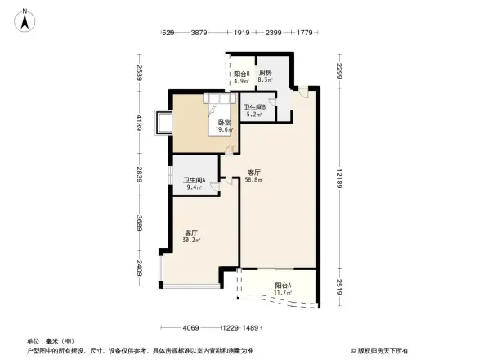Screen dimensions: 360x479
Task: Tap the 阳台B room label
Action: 240,74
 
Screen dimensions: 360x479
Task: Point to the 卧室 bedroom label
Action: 224,123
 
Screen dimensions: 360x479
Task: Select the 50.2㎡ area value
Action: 192,241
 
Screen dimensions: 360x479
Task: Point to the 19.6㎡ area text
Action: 224,130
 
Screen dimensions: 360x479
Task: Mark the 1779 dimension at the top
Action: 305,33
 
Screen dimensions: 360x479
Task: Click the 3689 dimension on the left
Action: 140,225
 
